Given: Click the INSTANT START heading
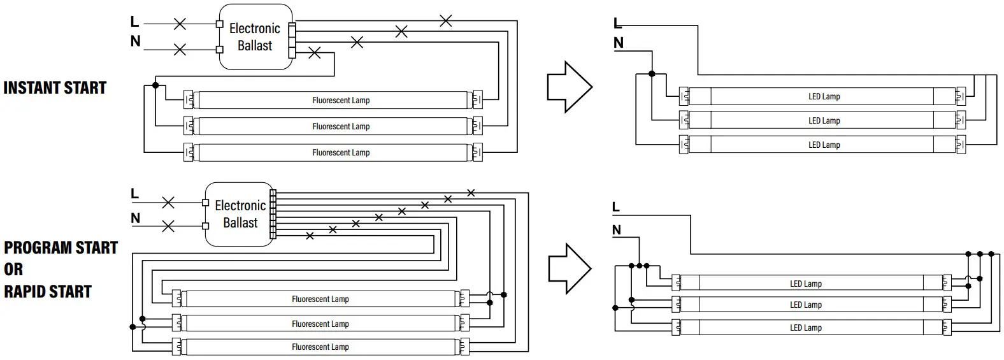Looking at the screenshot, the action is [x=55, y=87].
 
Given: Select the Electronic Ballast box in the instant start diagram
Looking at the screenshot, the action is [x=256, y=37].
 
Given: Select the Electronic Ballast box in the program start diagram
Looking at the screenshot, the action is [x=240, y=214].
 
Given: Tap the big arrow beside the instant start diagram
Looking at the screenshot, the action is [x=570, y=87].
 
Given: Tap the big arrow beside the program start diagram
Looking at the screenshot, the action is [x=570, y=268].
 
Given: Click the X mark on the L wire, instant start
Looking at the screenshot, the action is [x=180, y=24].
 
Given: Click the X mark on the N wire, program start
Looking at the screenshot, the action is [x=168, y=226].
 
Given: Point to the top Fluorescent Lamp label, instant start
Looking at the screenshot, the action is [x=341, y=101].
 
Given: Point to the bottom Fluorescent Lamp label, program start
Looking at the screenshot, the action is [x=320, y=347].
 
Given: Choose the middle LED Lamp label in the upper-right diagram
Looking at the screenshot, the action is [x=824, y=120].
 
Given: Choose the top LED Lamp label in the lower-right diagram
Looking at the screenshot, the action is [x=806, y=284].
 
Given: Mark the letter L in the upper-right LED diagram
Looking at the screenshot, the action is [x=617, y=23].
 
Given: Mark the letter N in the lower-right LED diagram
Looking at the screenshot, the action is [x=617, y=230].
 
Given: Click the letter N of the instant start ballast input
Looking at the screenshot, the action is [x=135, y=41].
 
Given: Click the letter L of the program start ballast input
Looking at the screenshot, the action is [x=134, y=194].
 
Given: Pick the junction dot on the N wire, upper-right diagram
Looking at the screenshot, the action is [x=652, y=73].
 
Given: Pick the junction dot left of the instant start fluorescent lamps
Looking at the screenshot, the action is [x=155, y=85].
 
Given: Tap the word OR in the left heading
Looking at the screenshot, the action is [x=13, y=270].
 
